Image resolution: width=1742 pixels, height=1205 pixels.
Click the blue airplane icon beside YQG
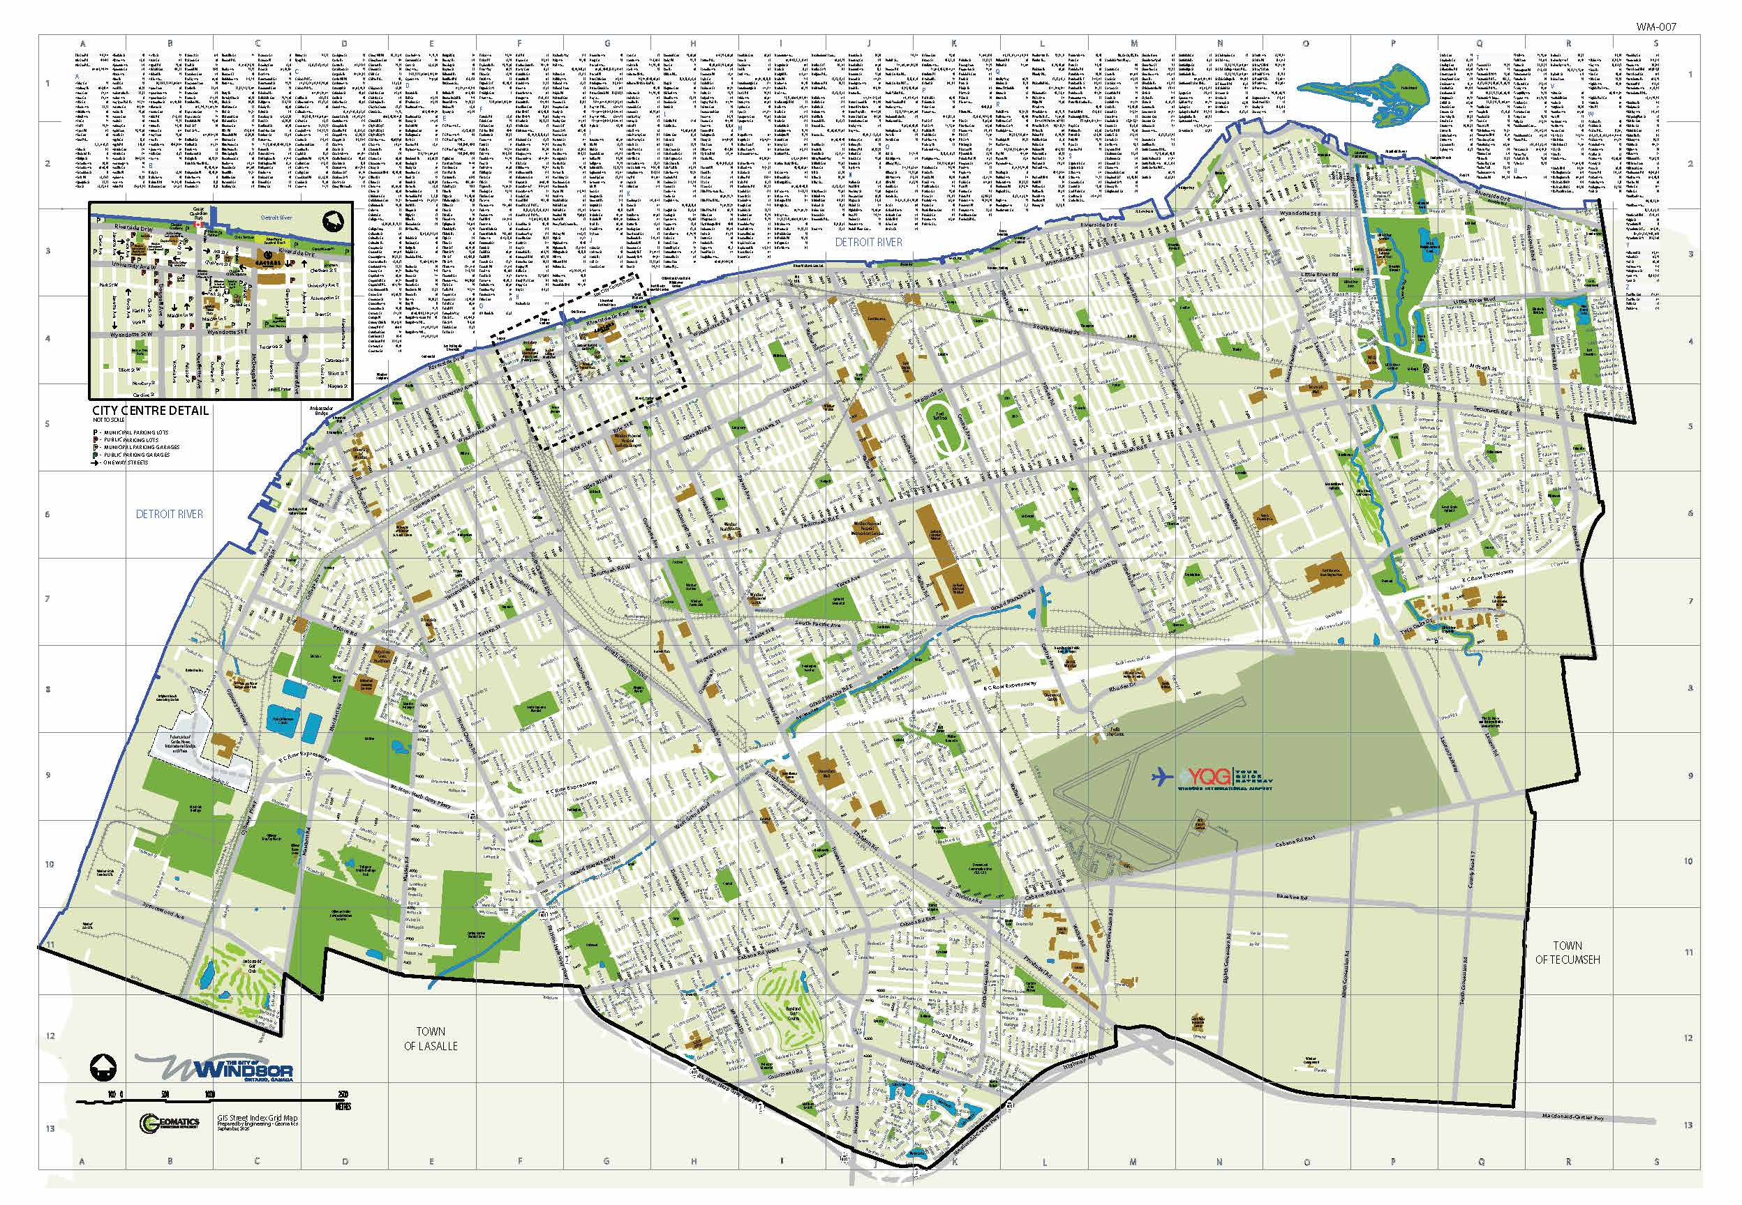pyautogui.click(x=1164, y=775)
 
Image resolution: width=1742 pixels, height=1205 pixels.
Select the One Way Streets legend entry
pyautogui.click(x=125, y=462)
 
